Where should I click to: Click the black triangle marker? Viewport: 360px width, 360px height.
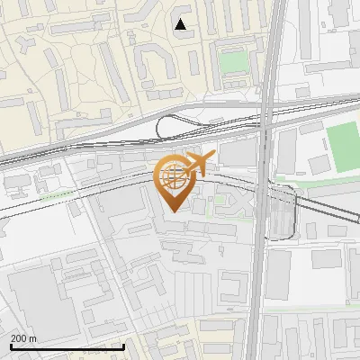[181, 24]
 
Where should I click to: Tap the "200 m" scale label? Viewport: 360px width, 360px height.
[24, 338]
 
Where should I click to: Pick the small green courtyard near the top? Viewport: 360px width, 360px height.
[234, 62]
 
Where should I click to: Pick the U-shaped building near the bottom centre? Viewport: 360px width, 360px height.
[231, 289]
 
